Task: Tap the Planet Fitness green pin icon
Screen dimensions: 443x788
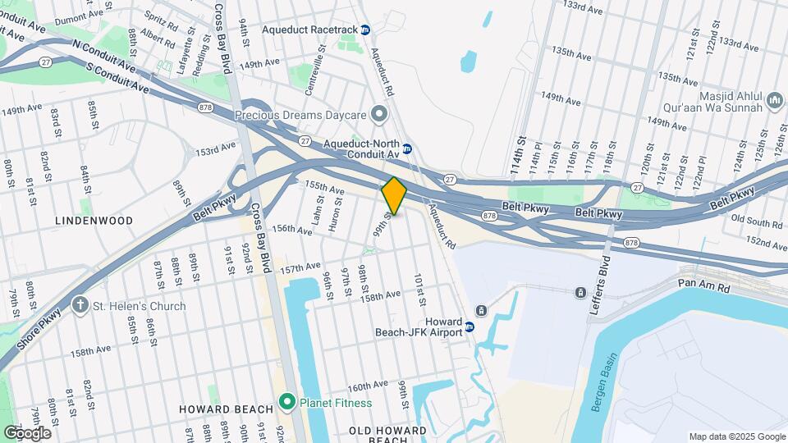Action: pyautogui.click(x=286, y=403)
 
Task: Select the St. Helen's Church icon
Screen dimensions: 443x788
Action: pyautogui.click(x=80, y=306)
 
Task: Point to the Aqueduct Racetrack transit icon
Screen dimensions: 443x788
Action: pyautogui.click(x=365, y=30)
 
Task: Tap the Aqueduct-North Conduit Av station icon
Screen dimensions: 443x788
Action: pyautogui.click(x=407, y=149)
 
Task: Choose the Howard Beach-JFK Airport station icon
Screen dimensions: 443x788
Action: pyautogui.click(x=470, y=327)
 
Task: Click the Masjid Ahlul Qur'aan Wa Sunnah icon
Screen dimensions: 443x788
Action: pyautogui.click(x=774, y=101)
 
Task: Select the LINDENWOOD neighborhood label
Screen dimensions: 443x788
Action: pyautogui.click(x=94, y=221)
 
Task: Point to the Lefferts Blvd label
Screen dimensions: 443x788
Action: pyautogui.click(x=601, y=289)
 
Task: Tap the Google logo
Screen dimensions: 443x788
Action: pyautogui.click(x=27, y=432)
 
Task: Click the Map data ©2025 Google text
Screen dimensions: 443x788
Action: pyautogui.click(x=736, y=436)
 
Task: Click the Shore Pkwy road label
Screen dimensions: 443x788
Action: pyautogui.click(x=40, y=329)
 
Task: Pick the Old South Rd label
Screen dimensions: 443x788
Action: pyautogui.click(x=756, y=221)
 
